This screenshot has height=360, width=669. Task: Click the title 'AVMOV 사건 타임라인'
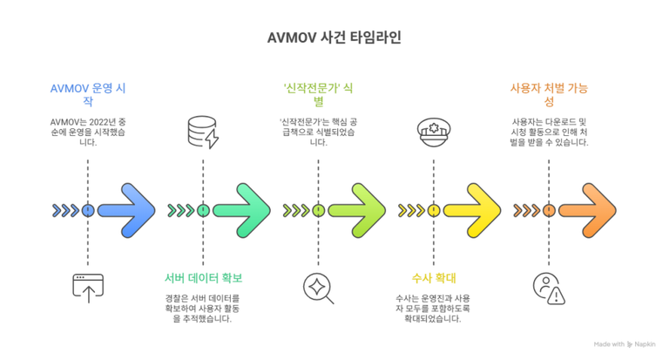(334, 39)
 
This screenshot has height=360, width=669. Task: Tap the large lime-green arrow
(357, 210)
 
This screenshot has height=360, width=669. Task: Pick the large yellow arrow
(472, 210)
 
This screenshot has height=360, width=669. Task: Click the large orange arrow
(587, 210)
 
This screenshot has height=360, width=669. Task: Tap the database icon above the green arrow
(203, 132)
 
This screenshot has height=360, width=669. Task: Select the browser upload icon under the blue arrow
(87, 288)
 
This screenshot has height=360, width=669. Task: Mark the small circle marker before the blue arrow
(88, 210)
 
